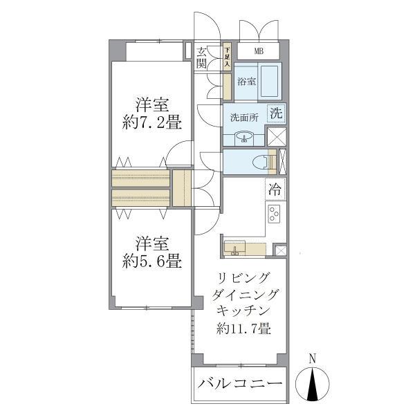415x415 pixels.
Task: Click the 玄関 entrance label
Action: (201, 57)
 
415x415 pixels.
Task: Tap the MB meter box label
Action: (258, 51)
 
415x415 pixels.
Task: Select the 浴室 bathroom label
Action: (246, 81)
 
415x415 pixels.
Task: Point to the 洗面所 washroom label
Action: (244, 117)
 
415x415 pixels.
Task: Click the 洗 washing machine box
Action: (275, 113)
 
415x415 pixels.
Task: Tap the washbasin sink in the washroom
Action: (244, 137)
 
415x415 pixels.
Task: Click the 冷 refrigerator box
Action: (275, 189)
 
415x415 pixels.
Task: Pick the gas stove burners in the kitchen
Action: (274, 214)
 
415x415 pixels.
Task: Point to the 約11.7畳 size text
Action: (242, 329)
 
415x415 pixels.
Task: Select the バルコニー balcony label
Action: (240, 385)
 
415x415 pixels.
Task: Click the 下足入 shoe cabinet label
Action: (226, 57)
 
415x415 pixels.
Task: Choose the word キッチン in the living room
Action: (242, 311)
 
